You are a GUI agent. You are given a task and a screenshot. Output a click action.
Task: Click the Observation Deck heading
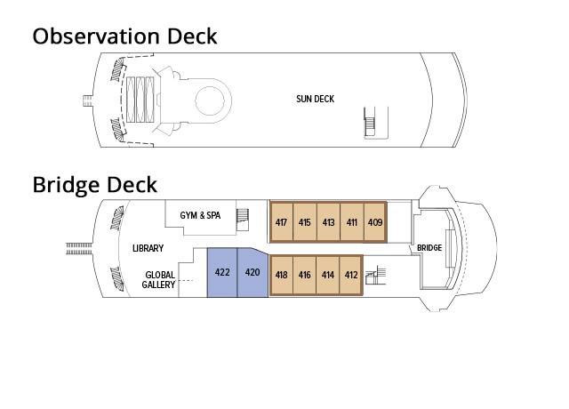(x=124, y=37)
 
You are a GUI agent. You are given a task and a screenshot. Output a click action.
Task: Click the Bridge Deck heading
(x=94, y=185)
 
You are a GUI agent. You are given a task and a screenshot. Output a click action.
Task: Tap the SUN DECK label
(x=315, y=99)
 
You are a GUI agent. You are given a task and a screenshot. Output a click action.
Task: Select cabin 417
(x=281, y=222)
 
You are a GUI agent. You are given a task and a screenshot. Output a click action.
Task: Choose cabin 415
(x=304, y=222)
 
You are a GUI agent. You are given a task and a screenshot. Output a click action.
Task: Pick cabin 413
(x=328, y=222)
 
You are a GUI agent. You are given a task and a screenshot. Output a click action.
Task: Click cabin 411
(x=351, y=222)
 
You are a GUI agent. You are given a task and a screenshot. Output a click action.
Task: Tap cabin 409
(x=374, y=222)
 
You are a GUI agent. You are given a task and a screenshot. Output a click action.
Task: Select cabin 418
(x=281, y=275)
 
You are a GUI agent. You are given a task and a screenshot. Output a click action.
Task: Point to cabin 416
(x=304, y=275)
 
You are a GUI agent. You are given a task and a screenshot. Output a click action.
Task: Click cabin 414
(x=327, y=275)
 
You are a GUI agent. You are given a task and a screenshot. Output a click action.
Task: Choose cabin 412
(x=350, y=275)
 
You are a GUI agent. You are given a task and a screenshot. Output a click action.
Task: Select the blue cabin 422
(x=222, y=272)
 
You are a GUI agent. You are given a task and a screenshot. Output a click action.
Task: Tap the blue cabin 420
(x=252, y=272)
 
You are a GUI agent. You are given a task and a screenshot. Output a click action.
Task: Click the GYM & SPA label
(x=199, y=215)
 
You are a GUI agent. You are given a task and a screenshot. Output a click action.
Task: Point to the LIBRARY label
(x=148, y=248)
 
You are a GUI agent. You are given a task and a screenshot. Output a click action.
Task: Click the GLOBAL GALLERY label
(x=159, y=280)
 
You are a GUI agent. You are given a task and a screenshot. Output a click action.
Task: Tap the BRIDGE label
(x=429, y=248)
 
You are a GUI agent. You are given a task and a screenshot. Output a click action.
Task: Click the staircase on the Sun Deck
(x=371, y=122)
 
